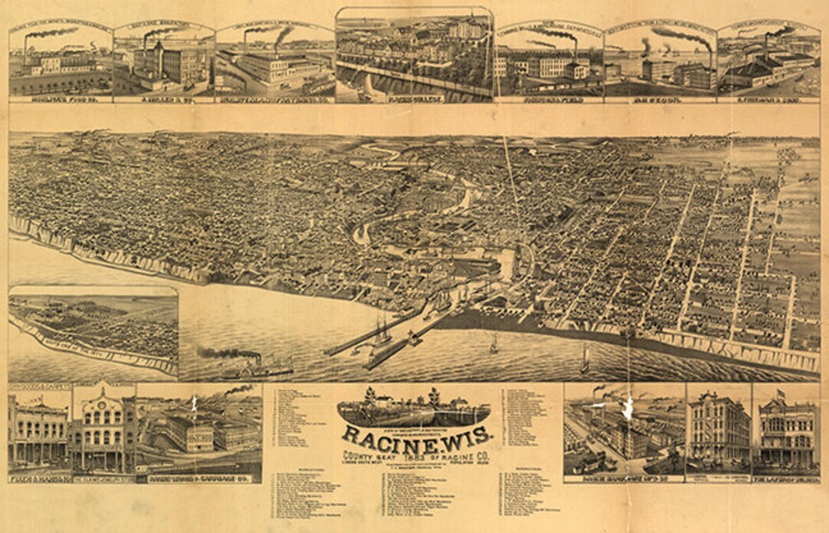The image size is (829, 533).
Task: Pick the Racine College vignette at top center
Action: (x=414, y=54)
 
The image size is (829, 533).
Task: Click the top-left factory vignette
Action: (x=60, y=63)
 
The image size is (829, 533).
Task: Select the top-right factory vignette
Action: (x=768, y=63)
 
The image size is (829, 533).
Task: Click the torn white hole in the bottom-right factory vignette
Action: (x=629, y=413)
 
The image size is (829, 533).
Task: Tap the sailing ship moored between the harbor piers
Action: (x=381, y=331)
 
